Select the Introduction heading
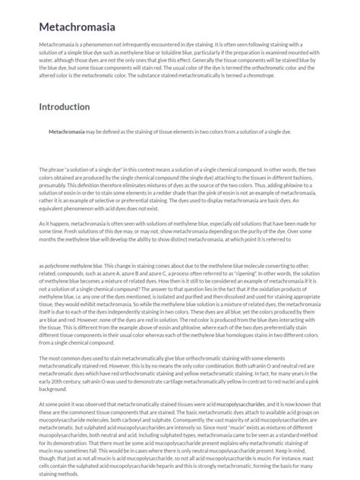[x=65, y=107]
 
